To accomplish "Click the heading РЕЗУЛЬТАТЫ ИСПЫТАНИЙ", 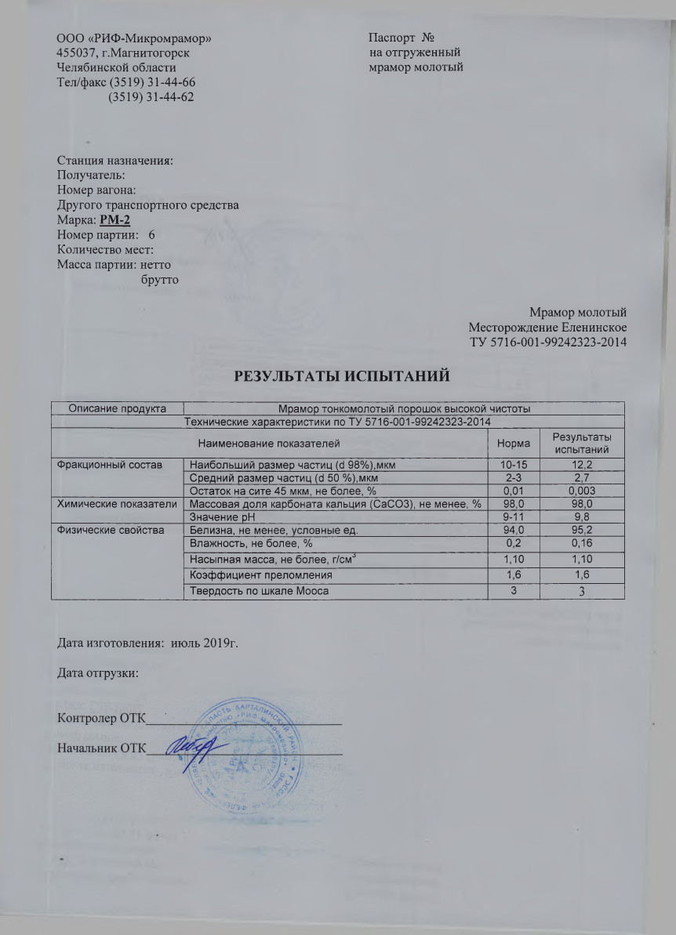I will pyautogui.click(x=337, y=376).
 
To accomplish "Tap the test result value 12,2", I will pyautogui.click(x=581, y=466).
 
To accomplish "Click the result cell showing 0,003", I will pyautogui.click(x=581, y=491).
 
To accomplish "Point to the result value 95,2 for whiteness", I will pyautogui.click(x=581, y=531).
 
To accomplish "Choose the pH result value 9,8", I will pyautogui.click(x=581, y=517).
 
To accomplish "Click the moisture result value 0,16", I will pyautogui.click(x=581, y=543).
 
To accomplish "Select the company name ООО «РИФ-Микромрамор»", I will pyautogui.click(x=134, y=38).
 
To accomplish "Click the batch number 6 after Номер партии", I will pyautogui.click(x=151, y=234).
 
